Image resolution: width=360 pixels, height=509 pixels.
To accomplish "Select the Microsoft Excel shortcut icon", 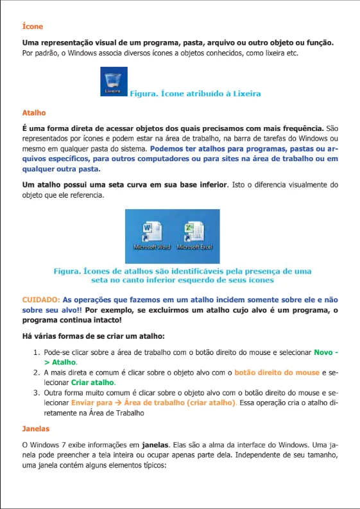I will point(193,231).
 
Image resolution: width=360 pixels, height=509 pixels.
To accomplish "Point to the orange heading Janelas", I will point(36,427).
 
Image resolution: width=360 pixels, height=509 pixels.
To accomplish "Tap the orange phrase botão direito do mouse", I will point(277,372).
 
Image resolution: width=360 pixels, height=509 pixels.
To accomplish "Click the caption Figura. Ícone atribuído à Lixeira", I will point(196,94).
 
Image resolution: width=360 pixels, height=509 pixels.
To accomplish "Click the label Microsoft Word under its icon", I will point(151,246).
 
